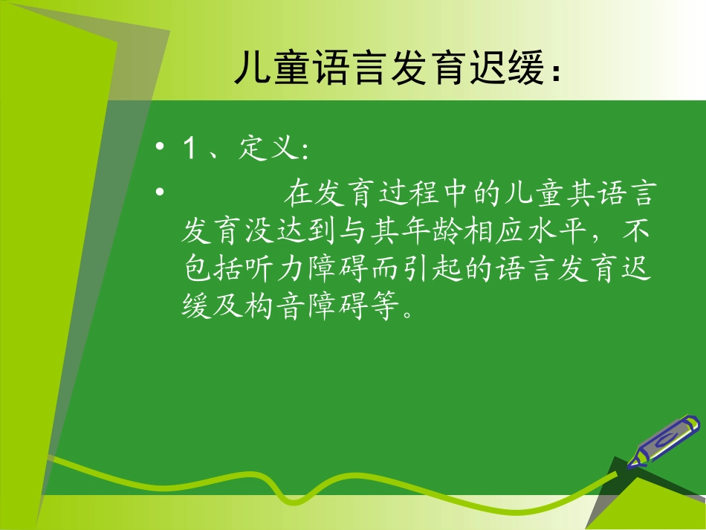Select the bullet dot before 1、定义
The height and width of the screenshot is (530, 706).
coord(160,149)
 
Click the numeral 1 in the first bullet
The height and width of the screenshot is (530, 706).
coord(190,149)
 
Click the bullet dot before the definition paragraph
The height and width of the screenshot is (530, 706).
coord(160,194)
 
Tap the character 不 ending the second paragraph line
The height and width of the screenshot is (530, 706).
coord(637,232)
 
